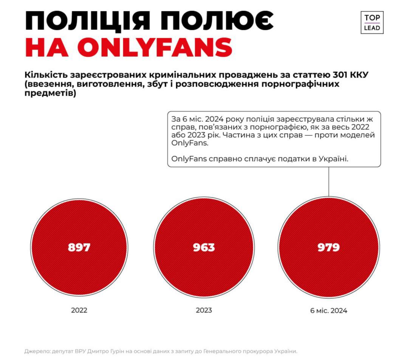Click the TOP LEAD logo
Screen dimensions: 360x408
click(x=372, y=23)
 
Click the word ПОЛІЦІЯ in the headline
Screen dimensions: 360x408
click(x=87, y=21)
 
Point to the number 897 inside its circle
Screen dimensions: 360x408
click(x=79, y=247)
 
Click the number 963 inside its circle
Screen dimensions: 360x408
click(x=204, y=247)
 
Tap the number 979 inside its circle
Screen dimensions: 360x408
click(x=329, y=247)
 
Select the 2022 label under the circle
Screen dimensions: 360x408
click(x=79, y=310)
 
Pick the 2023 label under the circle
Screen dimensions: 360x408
click(x=204, y=310)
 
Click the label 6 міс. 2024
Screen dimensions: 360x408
click(x=329, y=311)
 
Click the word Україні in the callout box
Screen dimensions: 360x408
click(x=334, y=159)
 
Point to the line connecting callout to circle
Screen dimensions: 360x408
click(x=329, y=182)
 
